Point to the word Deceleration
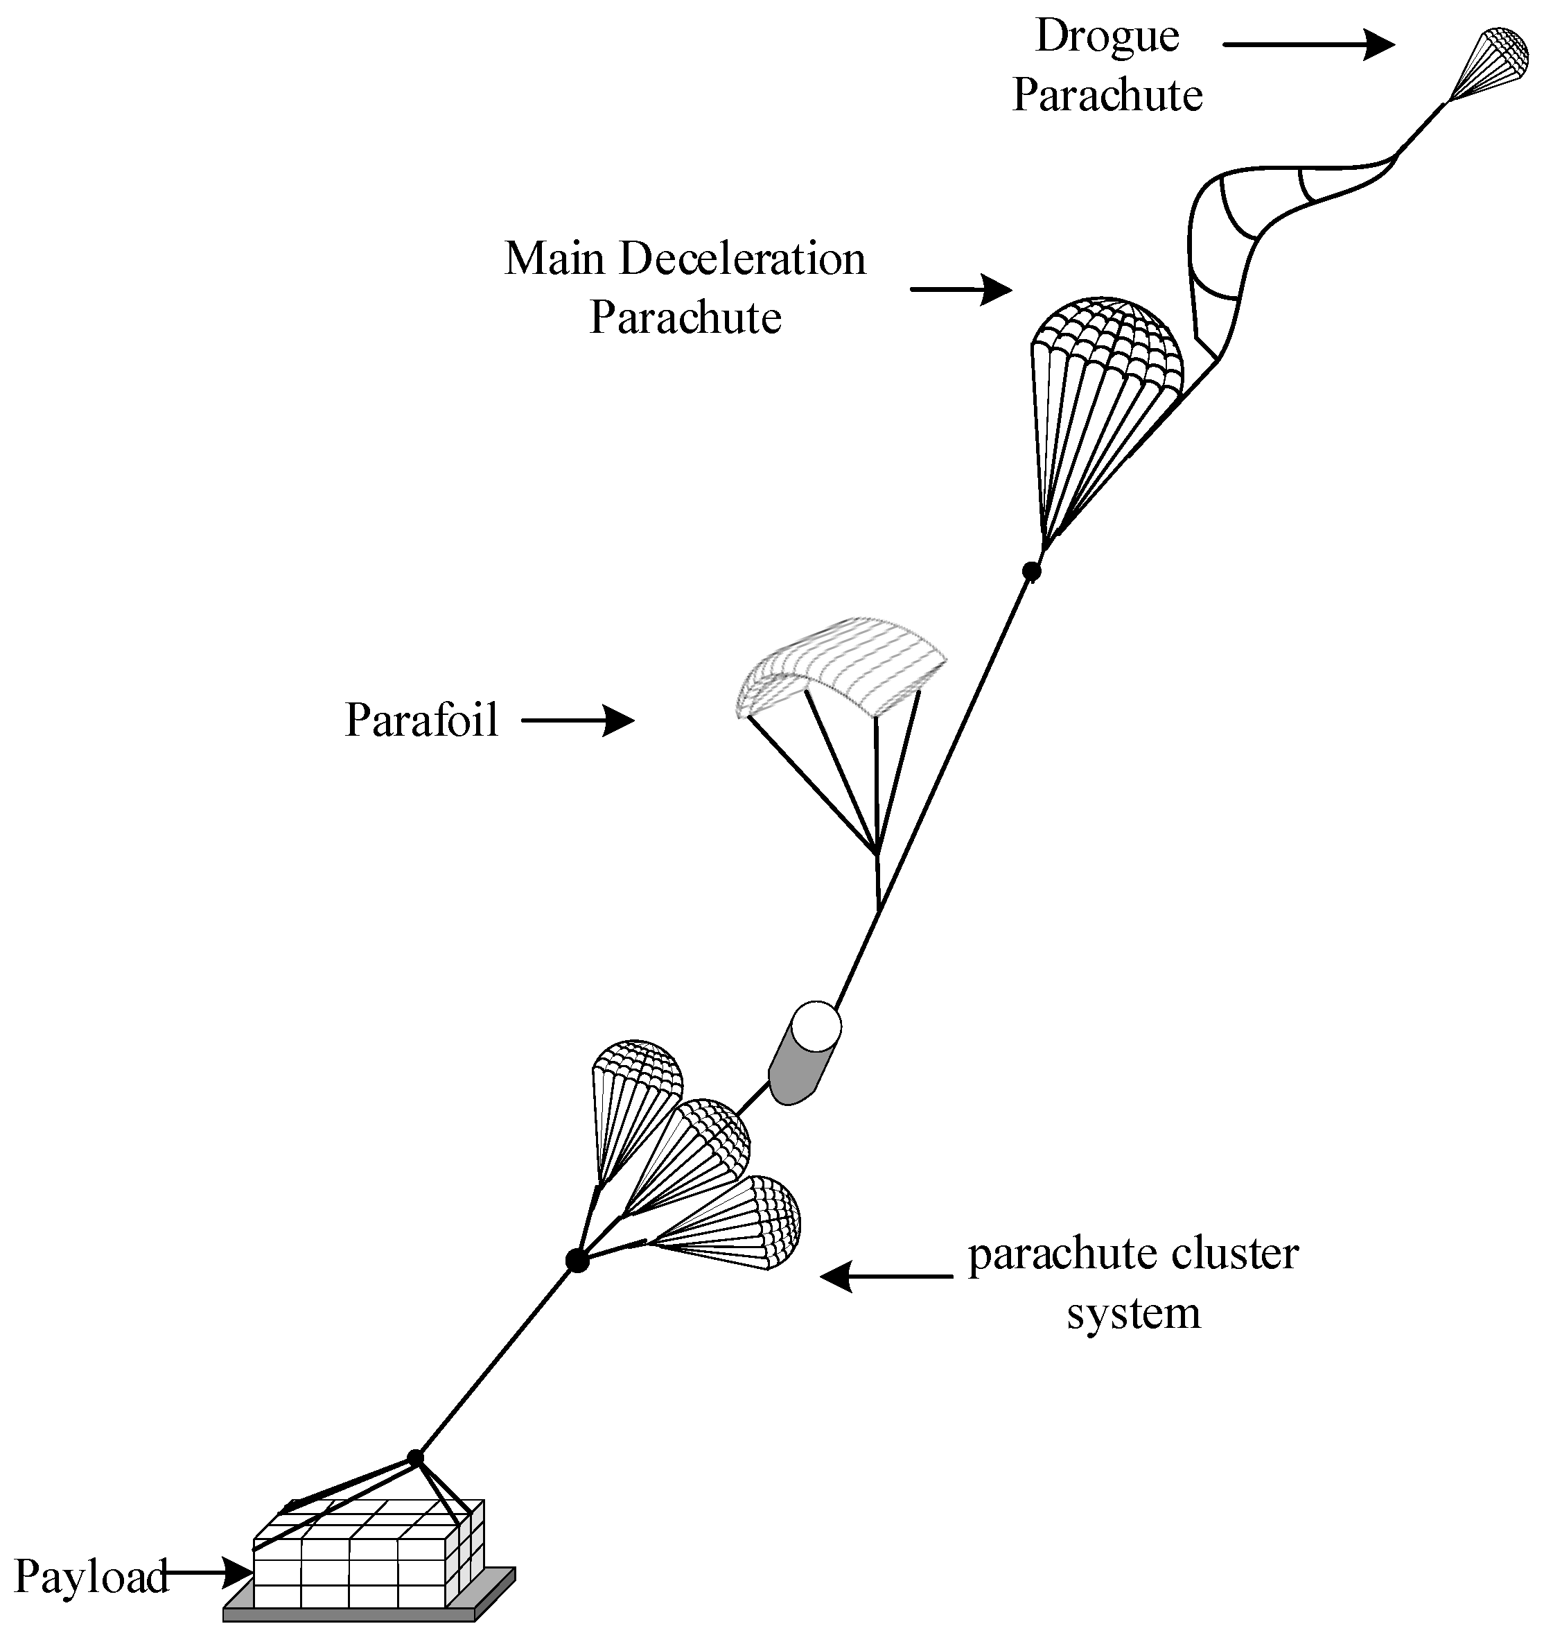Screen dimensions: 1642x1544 point(742,259)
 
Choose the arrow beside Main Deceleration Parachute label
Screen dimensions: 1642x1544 point(960,289)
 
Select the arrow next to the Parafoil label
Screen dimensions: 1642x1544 point(577,721)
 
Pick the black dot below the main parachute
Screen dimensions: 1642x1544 point(1030,571)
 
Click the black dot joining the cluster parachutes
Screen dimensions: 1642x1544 point(577,1261)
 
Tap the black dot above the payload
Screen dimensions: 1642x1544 point(415,1458)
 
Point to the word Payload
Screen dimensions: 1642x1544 point(91,1577)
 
